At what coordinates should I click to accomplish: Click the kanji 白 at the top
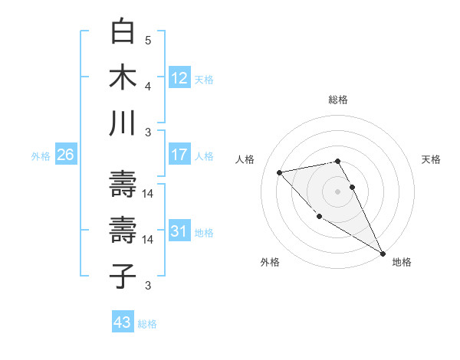(x=123, y=32)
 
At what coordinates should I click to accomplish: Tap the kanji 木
(x=123, y=77)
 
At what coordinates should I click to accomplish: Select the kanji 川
(x=123, y=123)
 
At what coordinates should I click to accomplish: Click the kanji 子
(x=123, y=276)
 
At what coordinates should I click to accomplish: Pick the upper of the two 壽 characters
(x=123, y=183)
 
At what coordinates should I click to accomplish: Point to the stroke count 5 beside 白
(x=149, y=40)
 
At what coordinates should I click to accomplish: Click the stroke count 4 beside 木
(x=149, y=86)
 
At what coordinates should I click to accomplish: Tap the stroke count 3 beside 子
(x=149, y=286)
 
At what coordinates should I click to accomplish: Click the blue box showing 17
(x=179, y=155)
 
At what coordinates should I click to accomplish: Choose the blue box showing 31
(x=179, y=231)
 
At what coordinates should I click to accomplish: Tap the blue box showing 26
(x=65, y=155)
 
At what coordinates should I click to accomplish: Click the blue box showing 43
(x=122, y=322)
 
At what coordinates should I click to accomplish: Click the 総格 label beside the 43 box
(x=148, y=324)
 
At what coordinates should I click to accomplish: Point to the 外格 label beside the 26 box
(x=41, y=156)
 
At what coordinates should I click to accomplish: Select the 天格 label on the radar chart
(x=431, y=159)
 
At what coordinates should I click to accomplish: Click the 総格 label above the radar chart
(x=338, y=100)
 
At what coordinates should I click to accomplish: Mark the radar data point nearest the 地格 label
(x=383, y=254)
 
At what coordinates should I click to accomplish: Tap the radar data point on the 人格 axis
(x=280, y=172)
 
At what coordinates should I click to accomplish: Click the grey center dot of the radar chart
(x=338, y=191)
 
